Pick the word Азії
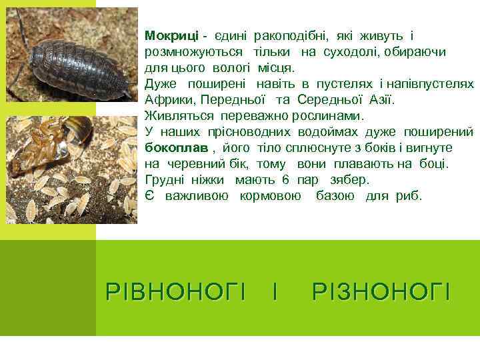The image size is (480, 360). point(380,100)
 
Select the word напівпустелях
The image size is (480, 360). point(433,84)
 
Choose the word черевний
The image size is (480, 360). point(194,164)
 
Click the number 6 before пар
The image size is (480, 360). point(285,180)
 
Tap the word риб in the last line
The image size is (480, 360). point(409,196)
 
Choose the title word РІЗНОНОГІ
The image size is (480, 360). point(381,291)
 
